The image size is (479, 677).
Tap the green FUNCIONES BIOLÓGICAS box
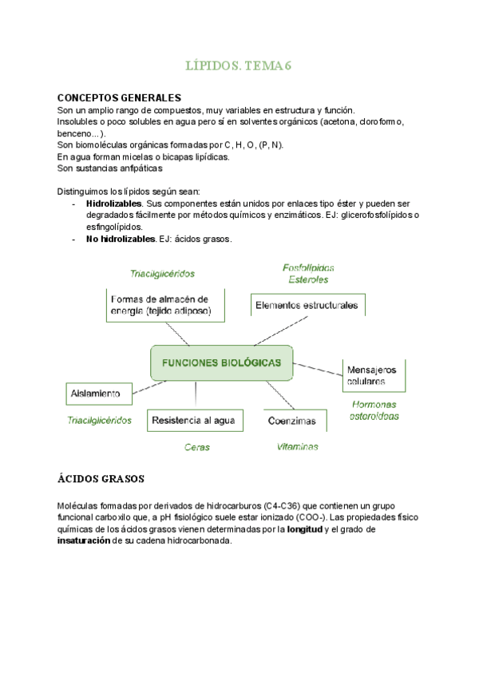[x=221, y=363]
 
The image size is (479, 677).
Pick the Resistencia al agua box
[x=194, y=421]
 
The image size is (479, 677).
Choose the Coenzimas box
[x=292, y=421]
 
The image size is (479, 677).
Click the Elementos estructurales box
[x=307, y=305]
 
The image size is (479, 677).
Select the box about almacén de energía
[x=165, y=305]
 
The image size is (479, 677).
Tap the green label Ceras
[x=197, y=448]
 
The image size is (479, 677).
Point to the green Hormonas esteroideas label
[x=374, y=410]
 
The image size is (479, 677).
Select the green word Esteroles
[x=308, y=279]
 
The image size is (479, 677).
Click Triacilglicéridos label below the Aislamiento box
[x=99, y=421]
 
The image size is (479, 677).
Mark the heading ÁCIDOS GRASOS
[x=101, y=480]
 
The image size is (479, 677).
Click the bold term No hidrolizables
[x=121, y=239]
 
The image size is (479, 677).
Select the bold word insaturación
[x=88, y=540]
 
